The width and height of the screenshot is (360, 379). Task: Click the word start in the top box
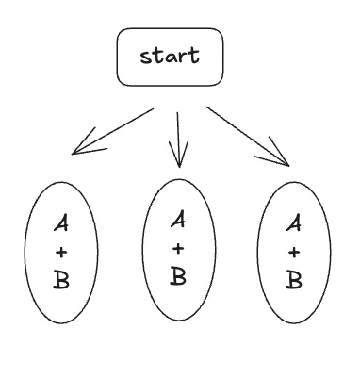[x=170, y=56]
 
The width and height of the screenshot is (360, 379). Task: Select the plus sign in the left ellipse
[x=61, y=253]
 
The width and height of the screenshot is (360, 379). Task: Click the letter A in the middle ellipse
[x=178, y=222]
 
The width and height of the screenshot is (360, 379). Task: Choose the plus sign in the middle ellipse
[x=178, y=249]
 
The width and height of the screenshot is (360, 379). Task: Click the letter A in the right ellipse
[x=294, y=224]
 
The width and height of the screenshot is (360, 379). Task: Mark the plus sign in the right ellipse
[x=294, y=252]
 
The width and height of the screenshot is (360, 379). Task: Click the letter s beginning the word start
[x=145, y=57]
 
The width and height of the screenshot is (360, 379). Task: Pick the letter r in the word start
[x=182, y=57]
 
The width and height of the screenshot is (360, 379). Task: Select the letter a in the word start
[x=170, y=57]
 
